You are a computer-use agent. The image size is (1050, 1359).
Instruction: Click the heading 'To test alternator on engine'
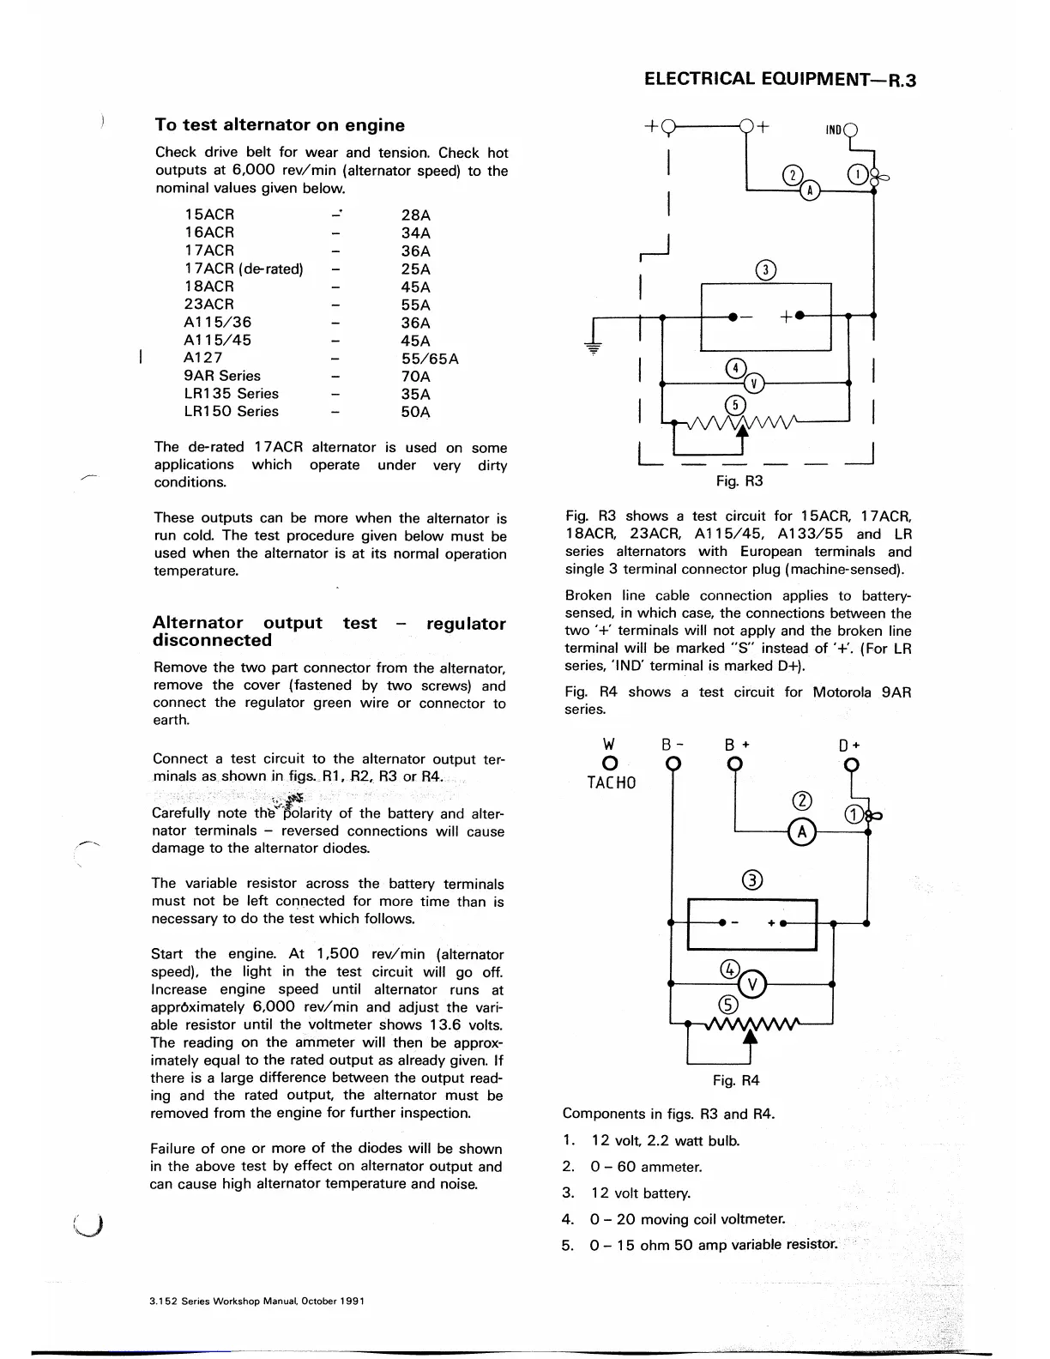[280, 125]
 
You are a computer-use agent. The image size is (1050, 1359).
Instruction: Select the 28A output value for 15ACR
[415, 215]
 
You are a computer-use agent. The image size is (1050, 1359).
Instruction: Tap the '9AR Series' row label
[221, 376]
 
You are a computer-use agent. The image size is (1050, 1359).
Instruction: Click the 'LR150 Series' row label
[231, 412]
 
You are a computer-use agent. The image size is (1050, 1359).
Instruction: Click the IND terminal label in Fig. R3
[834, 130]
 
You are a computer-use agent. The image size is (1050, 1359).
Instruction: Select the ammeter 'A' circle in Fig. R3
[809, 190]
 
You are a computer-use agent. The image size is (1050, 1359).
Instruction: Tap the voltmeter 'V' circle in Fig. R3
[754, 383]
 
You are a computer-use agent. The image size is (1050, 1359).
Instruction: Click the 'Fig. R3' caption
[739, 481]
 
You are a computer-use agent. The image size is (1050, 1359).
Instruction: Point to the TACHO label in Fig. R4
[611, 782]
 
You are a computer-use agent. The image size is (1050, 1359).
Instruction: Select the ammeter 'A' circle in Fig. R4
[801, 831]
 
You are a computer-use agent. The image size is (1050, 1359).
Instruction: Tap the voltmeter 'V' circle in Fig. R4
[751, 983]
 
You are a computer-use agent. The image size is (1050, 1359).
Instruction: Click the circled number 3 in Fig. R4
[751, 880]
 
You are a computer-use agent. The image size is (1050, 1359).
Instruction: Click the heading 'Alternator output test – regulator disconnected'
[329, 631]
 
